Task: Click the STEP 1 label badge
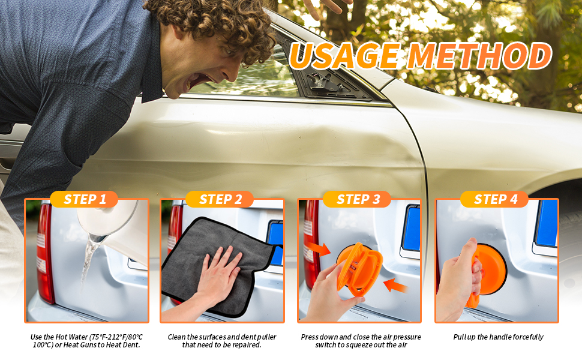tap(84, 199)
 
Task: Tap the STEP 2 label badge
tap(220, 199)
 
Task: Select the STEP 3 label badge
tap(357, 199)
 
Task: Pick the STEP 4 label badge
tap(494, 199)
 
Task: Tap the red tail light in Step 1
tap(45, 253)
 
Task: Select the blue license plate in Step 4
tap(546, 223)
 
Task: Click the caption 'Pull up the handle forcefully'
tap(498, 337)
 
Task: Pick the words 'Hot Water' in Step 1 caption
tap(71, 337)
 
